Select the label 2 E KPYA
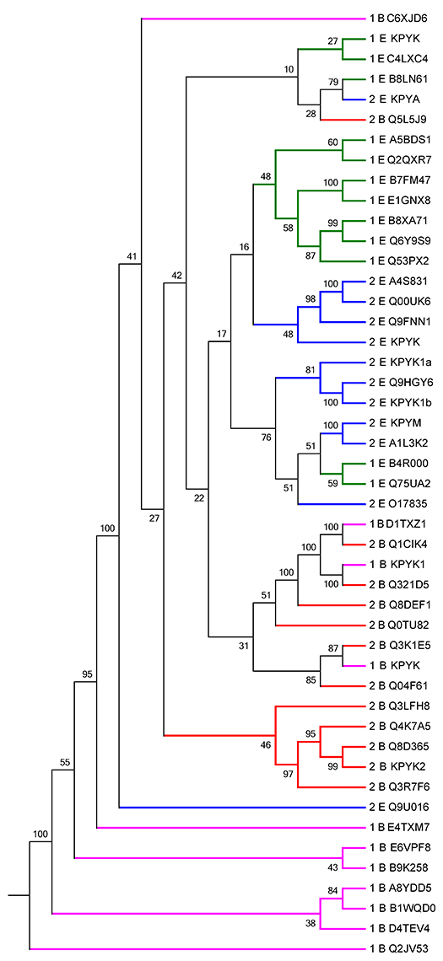(397, 99)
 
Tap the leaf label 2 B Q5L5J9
(400, 120)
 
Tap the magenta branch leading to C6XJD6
(253, 19)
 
